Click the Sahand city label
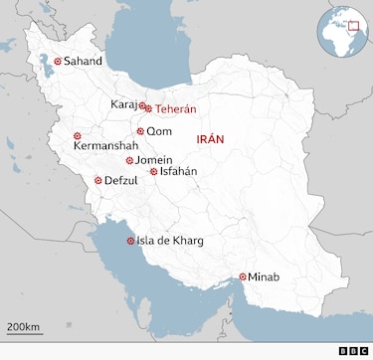pos(83,62)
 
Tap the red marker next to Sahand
pos(58,62)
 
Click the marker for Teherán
pos(148,108)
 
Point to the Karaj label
pos(123,103)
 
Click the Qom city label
pos(159,131)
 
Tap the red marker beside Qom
pos(140,131)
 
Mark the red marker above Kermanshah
pos(78,135)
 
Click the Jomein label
pos(154,160)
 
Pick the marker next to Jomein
pos(129,160)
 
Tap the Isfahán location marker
pos(153,171)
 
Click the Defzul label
pos(123,181)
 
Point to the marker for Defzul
pos(97,180)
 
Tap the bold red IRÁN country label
pos(217,140)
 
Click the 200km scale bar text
pos(23,327)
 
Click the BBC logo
pos(352,350)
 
